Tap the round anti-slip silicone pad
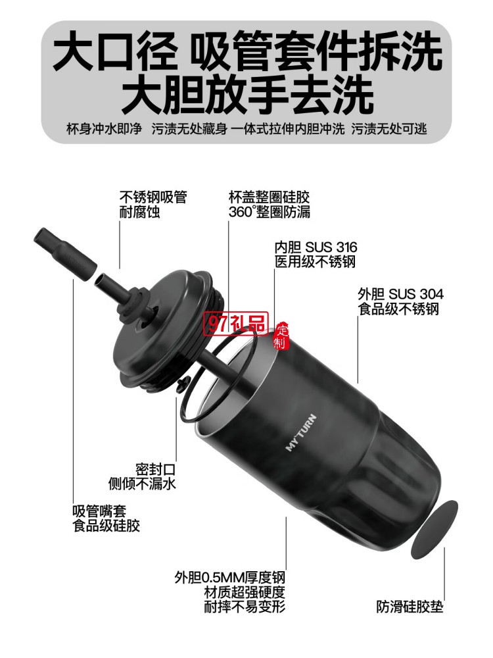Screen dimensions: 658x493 pyautogui.click(x=434, y=528)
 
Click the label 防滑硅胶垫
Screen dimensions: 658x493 pyautogui.click(x=410, y=606)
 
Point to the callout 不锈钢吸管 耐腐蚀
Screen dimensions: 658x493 pyautogui.click(x=153, y=205)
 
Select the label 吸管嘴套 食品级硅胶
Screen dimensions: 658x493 pyautogui.click(x=106, y=519)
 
